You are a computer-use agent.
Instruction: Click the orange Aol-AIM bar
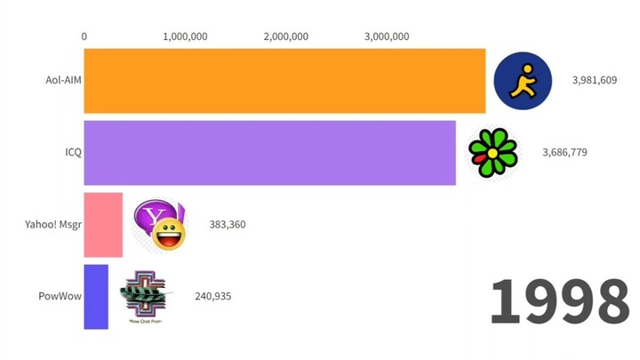pos(284,81)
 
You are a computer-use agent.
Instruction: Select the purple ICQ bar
pos(269,153)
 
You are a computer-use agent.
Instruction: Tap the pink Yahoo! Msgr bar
pos(103,225)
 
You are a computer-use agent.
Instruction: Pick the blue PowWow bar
pos(96,297)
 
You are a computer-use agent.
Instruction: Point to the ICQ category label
pos(72,152)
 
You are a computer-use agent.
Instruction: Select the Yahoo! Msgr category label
pos(53,224)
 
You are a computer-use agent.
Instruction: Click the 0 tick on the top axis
pos(84,36)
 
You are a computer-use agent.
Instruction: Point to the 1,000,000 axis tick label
pos(186,36)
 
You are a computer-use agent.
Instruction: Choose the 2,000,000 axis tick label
pos(286,36)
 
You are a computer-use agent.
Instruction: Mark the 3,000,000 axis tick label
pos(387,36)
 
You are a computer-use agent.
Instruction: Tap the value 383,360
pos(228,224)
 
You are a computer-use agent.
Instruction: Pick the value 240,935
pos(212,296)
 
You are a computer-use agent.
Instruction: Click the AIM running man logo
pos(523,81)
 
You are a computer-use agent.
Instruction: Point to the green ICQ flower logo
pos(492,153)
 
